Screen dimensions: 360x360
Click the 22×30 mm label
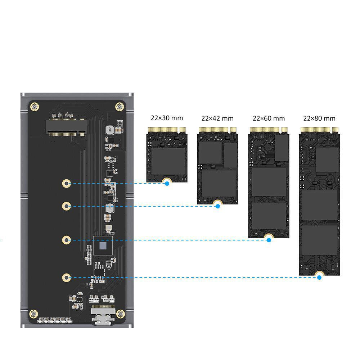(167, 118)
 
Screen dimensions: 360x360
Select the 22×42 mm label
(217, 118)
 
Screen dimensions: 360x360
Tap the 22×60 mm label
(269, 118)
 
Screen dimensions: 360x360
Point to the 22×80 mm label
(319, 118)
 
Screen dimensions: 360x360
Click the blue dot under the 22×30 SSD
(167, 184)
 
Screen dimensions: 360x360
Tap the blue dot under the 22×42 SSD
(218, 206)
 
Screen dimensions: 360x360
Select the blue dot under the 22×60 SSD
(269, 240)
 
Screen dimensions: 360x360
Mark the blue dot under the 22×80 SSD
(319, 278)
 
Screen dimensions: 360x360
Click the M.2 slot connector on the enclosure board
(66, 127)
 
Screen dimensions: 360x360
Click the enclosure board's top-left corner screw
(35, 107)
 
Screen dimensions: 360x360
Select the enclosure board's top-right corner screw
(120, 107)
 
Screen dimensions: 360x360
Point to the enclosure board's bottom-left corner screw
(33, 314)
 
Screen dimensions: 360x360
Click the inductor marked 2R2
(110, 130)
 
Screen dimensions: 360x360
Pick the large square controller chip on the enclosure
(103, 246)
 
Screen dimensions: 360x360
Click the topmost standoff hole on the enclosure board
(66, 184)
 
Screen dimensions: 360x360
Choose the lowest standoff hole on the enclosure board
(66, 278)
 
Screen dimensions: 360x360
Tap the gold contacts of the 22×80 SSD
(319, 130)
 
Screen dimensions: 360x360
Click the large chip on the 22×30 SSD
(168, 161)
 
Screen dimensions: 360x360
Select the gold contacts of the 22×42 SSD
(218, 130)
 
